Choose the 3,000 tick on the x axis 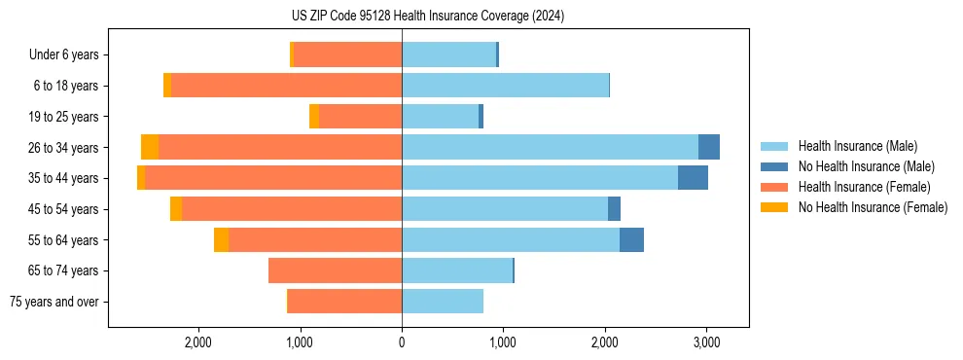(706, 342)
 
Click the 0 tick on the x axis (402, 342)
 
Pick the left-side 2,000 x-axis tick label (198, 342)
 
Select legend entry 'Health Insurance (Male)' (857, 146)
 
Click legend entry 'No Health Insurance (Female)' (873, 207)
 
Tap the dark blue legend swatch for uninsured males (774, 166)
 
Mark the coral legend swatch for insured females (774, 187)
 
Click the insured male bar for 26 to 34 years (550, 147)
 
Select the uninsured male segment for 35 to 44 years (693, 178)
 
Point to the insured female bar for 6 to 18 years (286, 86)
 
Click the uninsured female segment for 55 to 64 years (221, 240)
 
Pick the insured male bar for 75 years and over (443, 302)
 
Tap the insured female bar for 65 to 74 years (335, 270)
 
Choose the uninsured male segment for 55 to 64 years (631, 240)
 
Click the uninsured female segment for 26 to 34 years (150, 147)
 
